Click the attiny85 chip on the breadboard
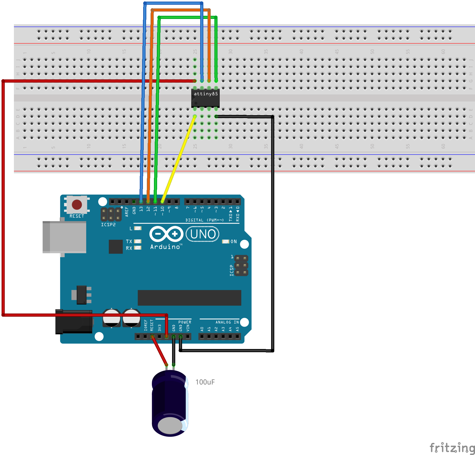[205, 98]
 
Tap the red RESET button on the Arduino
[77, 204]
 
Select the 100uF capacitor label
[205, 382]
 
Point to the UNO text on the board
[203, 234]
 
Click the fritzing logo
[452, 448]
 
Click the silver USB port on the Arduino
[64, 237]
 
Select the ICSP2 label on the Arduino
[108, 225]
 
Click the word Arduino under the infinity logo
[165, 247]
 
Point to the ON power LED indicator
[226, 241]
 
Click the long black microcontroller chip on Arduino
[189, 298]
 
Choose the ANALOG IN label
[227, 322]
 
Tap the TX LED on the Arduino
[138, 241]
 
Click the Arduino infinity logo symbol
[166, 234]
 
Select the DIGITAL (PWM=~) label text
[204, 220]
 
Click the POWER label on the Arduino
[185, 322]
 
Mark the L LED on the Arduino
[138, 228]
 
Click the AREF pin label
[127, 212]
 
